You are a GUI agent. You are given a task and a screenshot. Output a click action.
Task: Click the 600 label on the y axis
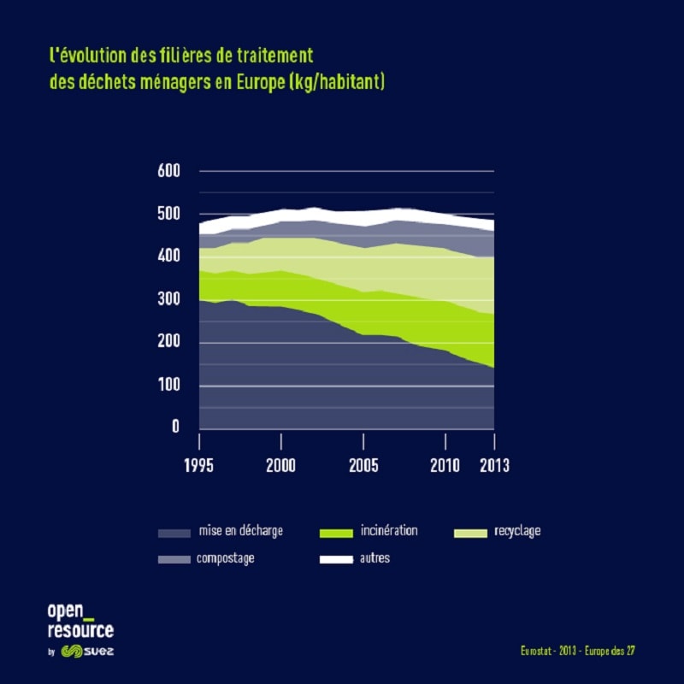coord(169,171)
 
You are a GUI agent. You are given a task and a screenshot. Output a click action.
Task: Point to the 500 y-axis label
coord(169,214)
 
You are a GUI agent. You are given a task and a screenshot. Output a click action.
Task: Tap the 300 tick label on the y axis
coord(169,299)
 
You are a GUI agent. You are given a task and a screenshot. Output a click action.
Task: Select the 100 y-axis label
coord(169,386)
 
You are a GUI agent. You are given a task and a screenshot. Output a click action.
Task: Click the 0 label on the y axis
coord(176,426)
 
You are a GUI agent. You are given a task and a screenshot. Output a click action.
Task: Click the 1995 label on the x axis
coord(199,466)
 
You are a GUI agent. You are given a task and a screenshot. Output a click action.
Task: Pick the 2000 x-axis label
coord(281,466)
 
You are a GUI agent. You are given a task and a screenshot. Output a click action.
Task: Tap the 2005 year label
coord(363,466)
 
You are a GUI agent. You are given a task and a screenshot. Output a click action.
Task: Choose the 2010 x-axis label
coord(445,466)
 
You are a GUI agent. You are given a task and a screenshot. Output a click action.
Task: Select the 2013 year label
coord(493,466)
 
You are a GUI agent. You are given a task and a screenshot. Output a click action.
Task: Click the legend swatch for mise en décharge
coord(174,534)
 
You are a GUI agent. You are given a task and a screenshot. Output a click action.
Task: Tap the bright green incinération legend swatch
coord(335,534)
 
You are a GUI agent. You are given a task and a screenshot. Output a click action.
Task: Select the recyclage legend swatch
coord(469,534)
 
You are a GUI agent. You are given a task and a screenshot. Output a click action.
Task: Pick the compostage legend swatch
coord(174,560)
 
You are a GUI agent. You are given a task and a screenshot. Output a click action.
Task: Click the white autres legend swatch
coord(335,560)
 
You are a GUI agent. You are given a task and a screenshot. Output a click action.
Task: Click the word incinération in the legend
coord(389,531)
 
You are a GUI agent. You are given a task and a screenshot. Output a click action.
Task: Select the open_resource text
coord(80,621)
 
